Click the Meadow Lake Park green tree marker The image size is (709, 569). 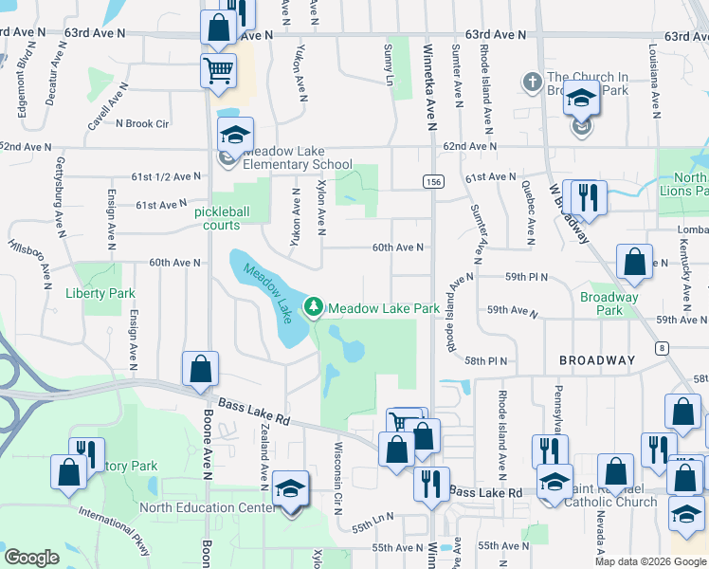click(x=313, y=307)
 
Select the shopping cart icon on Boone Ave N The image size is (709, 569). click(x=218, y=69)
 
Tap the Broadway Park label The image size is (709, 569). click(x=609, y=303)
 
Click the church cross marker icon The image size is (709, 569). click(x=532, y=83)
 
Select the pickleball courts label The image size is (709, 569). click(x=230, y=218)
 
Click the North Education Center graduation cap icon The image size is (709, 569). click(x=290, y=489)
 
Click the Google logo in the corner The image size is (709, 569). click(x=31, y=558)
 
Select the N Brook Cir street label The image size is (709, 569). click(x=141, y=123)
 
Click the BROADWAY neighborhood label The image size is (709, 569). click(x=596, y=360)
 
